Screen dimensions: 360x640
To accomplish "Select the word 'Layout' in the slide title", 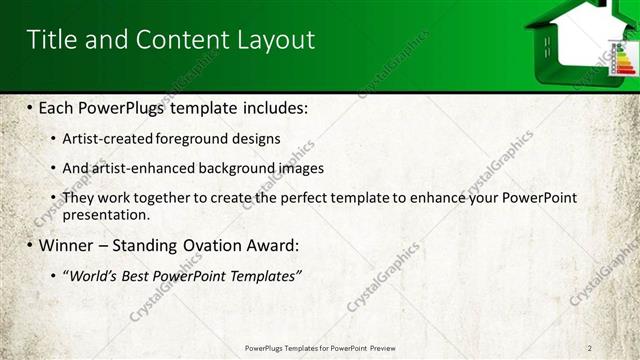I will [x=275, y=39].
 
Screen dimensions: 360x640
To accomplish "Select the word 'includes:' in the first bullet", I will [x=275, y=107].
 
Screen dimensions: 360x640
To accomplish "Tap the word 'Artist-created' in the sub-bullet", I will [x=103, y=139].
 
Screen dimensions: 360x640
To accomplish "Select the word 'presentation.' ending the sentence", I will [x=105, y=214].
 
